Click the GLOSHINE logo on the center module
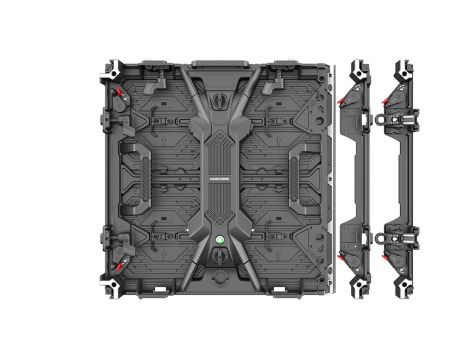tap(220, 179)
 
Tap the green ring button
tap(220, 240)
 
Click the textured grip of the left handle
tap(145, 179)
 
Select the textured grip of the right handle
tap(294, 179)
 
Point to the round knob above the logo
tap(220, 100)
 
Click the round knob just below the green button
tap(220, 256)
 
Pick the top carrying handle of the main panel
tap(220, 63)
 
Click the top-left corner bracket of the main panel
tap(112, 70)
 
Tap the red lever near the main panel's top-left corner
tap(119, 93)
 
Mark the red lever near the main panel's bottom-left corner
tap(119, 266)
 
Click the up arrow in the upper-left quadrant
tap(164, 141)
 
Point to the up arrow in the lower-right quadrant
tap(278, 255)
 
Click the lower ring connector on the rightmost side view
tap(380, 237)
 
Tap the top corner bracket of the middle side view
tap(359, 70)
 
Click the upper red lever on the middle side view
tap(340, 101)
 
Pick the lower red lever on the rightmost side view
tap(384, 257)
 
